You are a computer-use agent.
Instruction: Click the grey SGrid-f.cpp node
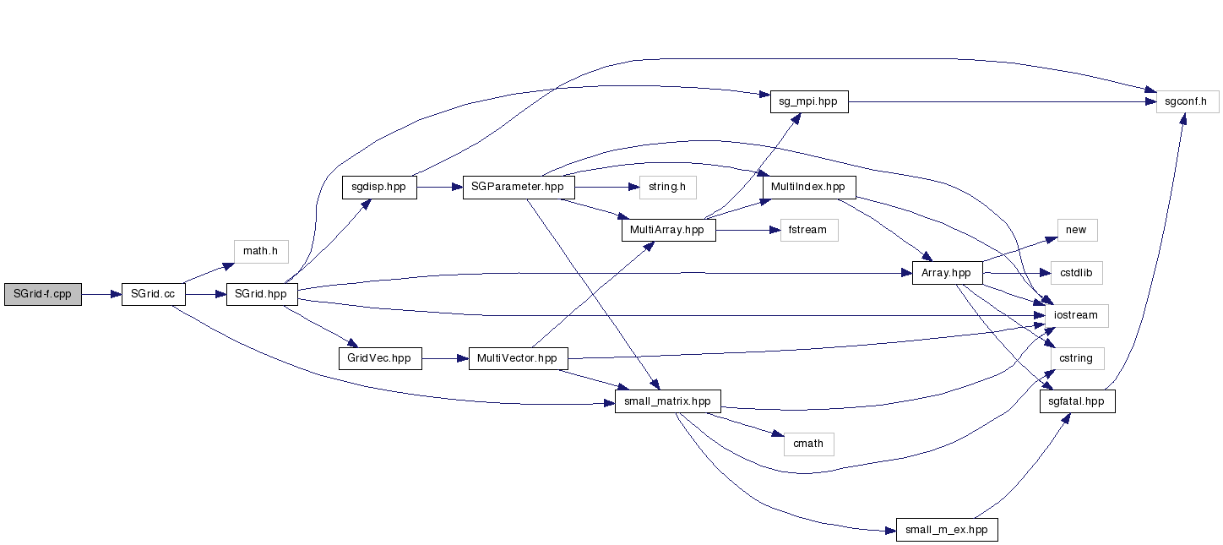[x=43, y=294]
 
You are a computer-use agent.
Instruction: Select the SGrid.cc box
[x=153, y=294]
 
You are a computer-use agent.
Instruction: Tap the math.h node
[x=261, y=251]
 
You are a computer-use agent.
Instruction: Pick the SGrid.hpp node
[x=262, y=294]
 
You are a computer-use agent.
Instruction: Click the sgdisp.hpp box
[x=379, y=188]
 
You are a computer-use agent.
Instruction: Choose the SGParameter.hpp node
[x=519, y=188]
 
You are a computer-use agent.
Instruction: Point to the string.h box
[x=667, y=186]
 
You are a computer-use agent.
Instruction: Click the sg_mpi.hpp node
[x=808, y=101]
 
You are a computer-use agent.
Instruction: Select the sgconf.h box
[x=1188, y=101]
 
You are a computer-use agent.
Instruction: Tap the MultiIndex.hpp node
[x=809, y=186]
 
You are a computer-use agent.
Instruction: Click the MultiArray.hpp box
[x=668, y=230]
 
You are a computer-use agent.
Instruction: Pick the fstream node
[x=809, y=230]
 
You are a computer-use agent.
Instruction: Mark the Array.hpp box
[x=947, y=273]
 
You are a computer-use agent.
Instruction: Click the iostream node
[x=1077, y=315]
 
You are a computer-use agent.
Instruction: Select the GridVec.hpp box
[x=379, y=358]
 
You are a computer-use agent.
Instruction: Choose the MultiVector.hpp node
[x=517, y=358]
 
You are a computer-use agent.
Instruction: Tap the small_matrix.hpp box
[x=668, y=401]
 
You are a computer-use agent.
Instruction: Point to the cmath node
[x=808, y=444]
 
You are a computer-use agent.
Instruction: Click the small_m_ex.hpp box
[x=947, y=530]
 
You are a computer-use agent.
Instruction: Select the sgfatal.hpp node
[x=1077, y=401]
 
